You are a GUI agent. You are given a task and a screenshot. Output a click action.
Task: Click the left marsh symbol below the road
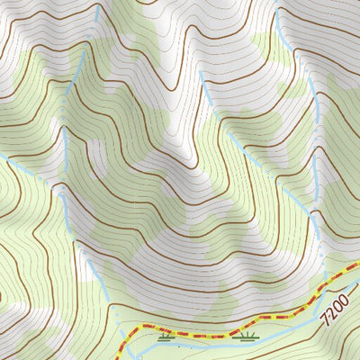(x=165, y=339)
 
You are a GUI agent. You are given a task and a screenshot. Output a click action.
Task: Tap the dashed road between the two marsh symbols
(x=205, y=334)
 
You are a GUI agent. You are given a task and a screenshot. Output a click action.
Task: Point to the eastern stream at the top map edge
(x=277, y=2)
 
